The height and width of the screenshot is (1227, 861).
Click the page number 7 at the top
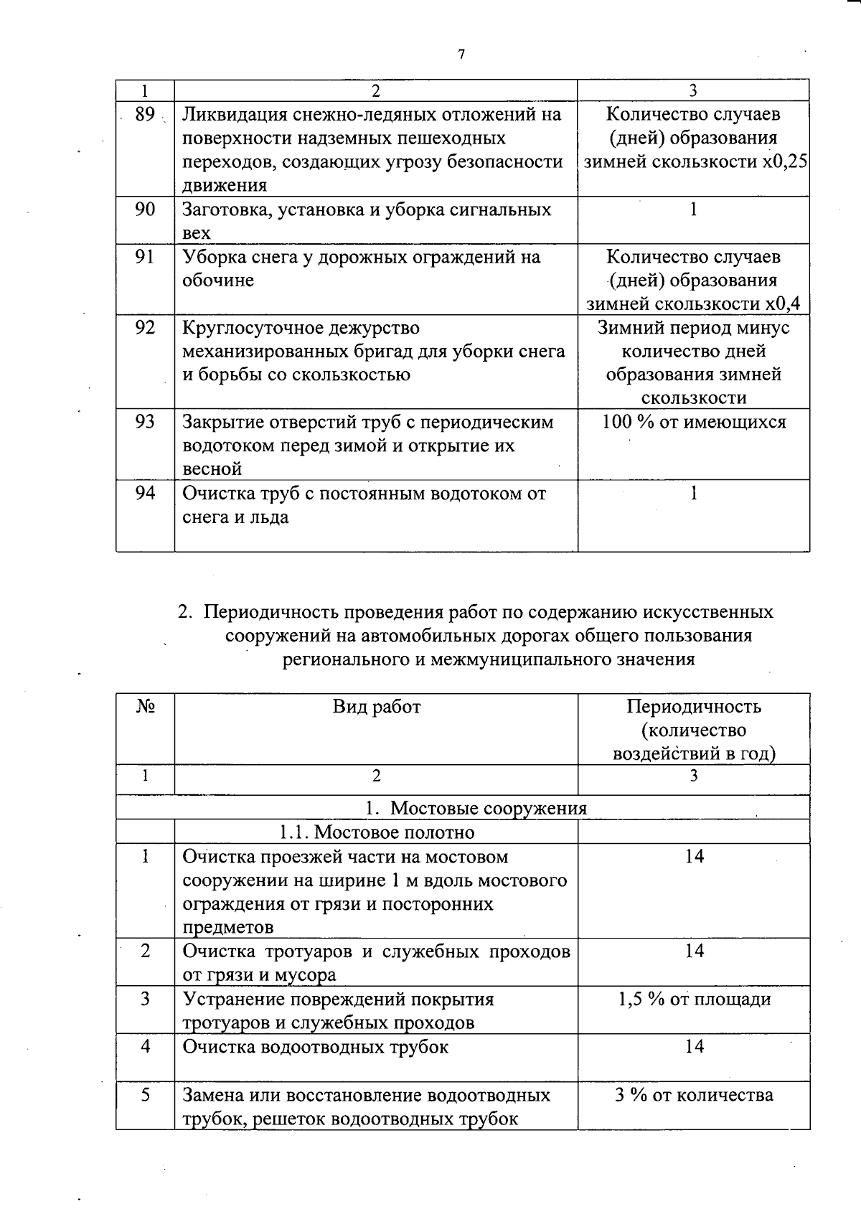click(461, 55)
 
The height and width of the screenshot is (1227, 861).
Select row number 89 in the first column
click(145, 114)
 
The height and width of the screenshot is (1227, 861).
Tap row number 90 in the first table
click(145, 210)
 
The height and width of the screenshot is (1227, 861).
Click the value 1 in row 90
click(693, 210)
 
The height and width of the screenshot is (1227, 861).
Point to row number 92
click(145, 328)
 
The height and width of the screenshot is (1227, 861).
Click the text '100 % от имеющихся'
click(694, 422)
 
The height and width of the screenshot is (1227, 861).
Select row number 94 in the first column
click(145, 493)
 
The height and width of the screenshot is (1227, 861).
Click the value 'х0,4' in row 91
click(782, 304)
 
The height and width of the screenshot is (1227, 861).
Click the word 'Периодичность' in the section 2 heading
click(270, 612)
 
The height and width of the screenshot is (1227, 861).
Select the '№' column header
click(145, 707)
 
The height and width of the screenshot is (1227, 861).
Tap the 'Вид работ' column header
click(377, 707)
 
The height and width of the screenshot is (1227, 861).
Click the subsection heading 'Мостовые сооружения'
click(488, 808)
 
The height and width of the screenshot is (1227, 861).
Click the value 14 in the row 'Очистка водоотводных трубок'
click(694, 1046)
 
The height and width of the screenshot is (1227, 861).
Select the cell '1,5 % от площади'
click(694, 999)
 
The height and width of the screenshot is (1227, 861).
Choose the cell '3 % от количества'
click(694, 1095)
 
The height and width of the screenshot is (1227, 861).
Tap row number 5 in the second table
click(145, 1095)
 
